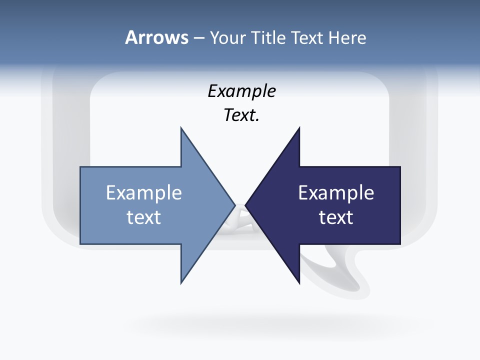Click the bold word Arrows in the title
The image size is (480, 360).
pyautogui.click(x=156, y=38)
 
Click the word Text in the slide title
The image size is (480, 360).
pyautogui.click(x=307, y=38)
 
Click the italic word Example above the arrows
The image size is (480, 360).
pyautogui.click(x=242, y=91)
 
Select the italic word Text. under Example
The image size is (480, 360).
pyautogui.click(x=242, y=115)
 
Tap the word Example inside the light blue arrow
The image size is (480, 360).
pyautogui.click(x=144, y=193)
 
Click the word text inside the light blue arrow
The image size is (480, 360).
pyautogui.click(x=144, y=217)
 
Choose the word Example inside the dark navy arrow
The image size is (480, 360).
pyautogui.click(x=336, y=193)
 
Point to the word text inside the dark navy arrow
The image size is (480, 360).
pyautogui.click(x=336, y=217)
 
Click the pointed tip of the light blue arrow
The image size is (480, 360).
pyautogui.click(x=234, y=205)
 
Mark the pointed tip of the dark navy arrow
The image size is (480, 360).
pyautogui.click(x=246, y=205)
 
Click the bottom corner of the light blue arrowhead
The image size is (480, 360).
pyautogui.click(x=181, y=282)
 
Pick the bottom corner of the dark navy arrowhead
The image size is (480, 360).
pyautogui.click(x=299, y=282)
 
